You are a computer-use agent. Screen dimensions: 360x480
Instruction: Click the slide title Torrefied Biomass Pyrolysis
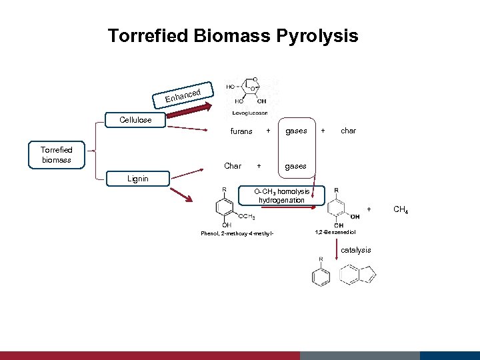pyautogui.click(x=233, y=35)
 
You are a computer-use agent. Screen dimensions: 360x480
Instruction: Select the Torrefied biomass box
pyautogui.click(x=56, y=155)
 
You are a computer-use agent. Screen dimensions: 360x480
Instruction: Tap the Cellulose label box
pyautogui.click(x=135, y=120)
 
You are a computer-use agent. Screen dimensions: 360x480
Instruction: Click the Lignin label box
pyautogui.click(x=138, y=179)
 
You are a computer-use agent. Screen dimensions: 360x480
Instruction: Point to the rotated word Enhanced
pyautogui.click(x=189, y=95)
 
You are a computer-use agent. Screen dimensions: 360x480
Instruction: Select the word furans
pyautogui.click(x=241, y=131)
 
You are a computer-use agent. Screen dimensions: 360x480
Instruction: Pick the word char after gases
pyautogui.click(x=348, y=131)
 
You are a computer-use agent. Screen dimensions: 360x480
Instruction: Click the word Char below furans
pyautogui.click(x=233, y=165)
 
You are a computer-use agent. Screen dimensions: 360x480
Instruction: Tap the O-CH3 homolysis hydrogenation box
pyautogui.click(x=281, y=196)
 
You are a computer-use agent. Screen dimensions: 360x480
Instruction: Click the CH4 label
pyautogui.click(x=401, y=210)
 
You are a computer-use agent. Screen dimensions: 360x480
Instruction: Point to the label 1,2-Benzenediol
pyautogui.click(x=335, y=232)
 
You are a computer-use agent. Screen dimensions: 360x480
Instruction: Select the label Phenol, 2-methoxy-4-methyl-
pyautogui.click(x=237, y=233)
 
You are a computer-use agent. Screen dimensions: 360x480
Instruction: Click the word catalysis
pyautogui.click(x=356, y=250)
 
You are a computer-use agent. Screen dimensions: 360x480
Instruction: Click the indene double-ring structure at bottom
pyautogui.click(x=358, y=274)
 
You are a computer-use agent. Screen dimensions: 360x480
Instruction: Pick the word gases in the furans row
pyautogui.click(x=296, y=131)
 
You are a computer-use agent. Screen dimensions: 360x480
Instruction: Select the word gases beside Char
pyautogui.click(x=296, y=165)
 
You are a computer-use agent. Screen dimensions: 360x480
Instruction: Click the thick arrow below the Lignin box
pyautogui.click(x=182, y=195)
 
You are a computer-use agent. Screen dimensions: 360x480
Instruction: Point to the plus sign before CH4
pyautogui.click(x=369, y=209)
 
